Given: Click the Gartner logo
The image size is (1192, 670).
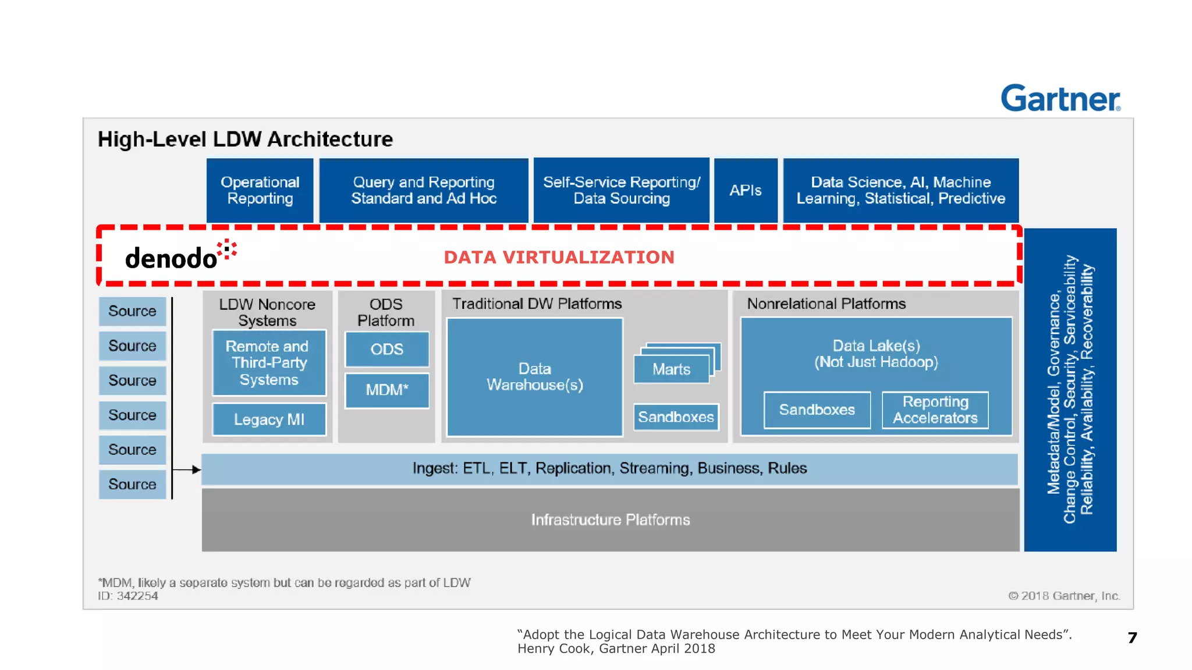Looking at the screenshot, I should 1060,98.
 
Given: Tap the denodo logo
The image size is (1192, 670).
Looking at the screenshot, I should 180,256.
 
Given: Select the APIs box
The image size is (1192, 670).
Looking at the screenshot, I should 745,190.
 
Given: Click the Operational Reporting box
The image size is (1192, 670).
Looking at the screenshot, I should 260,190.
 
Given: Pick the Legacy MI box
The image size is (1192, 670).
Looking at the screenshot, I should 269,419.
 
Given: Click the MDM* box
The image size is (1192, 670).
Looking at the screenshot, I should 386,390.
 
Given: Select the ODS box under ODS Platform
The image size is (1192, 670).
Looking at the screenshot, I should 386,349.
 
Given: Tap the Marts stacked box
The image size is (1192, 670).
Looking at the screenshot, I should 672,369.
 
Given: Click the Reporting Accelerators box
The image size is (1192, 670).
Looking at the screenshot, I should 935,410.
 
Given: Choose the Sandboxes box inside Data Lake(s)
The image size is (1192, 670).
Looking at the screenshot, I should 817,410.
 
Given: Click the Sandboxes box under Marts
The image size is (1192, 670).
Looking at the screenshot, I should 676,417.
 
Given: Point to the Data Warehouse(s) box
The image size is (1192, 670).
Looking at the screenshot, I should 534,377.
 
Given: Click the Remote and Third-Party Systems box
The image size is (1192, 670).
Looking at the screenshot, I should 269,363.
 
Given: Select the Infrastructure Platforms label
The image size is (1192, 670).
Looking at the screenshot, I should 610,520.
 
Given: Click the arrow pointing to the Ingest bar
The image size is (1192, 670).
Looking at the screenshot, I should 188,469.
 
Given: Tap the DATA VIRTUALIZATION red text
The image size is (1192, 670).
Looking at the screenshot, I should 559,257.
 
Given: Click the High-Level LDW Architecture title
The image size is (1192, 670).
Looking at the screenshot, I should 245,140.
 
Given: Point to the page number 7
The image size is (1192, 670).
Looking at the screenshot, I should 1131,638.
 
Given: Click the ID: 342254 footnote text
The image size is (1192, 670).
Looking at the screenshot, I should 128,596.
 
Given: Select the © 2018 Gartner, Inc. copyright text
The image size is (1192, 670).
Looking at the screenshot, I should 1063,596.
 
